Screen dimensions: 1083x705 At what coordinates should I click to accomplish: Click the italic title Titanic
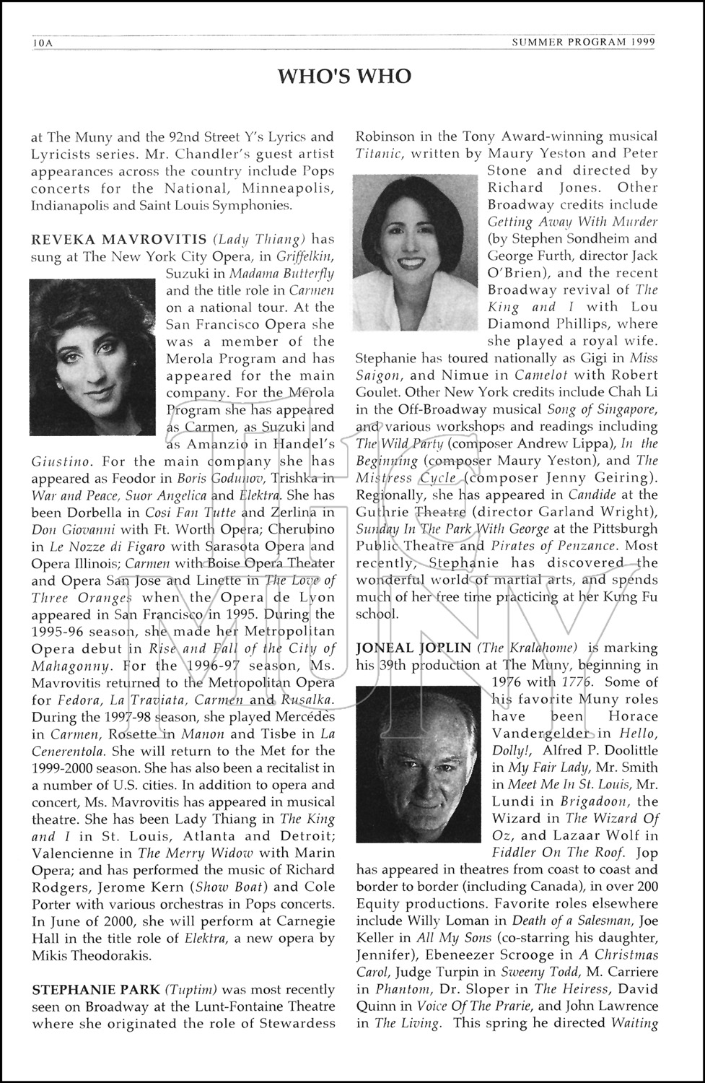[380, 154]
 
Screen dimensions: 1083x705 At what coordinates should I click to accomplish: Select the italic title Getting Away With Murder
[572, 222]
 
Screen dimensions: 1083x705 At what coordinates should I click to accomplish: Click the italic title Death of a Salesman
[572, 921]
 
